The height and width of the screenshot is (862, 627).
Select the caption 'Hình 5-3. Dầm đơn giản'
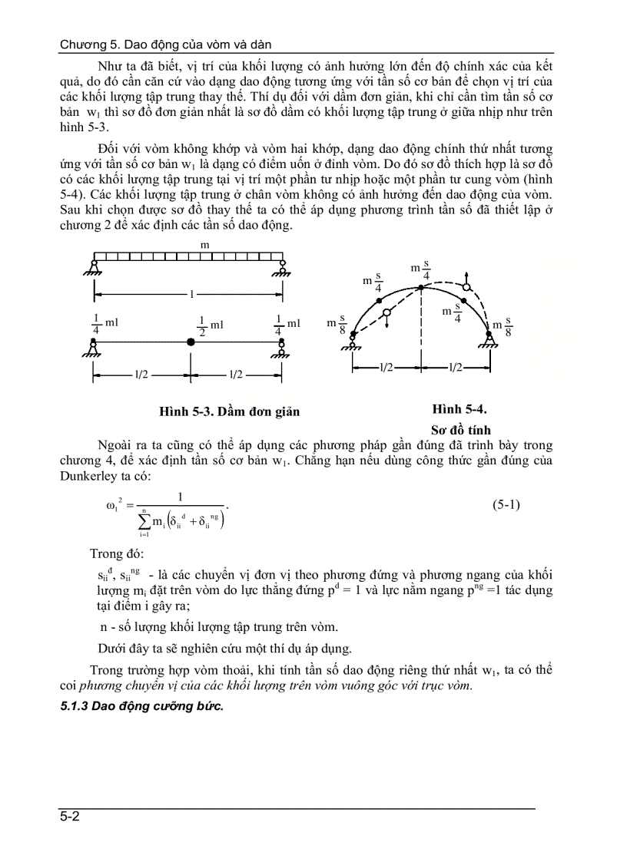pos(229,412)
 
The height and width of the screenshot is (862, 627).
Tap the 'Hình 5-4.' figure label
pos(459,409)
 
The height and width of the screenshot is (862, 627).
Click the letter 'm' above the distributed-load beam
pos(204,244)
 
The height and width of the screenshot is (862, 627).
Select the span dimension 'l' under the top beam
pos(188,293)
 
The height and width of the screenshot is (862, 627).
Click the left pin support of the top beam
pos(94,267)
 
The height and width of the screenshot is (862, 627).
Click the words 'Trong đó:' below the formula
pos(115,553)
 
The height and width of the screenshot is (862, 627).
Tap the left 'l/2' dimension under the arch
pos(386,368)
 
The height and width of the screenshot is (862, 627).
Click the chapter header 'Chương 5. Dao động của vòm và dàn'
pos(165,45)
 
